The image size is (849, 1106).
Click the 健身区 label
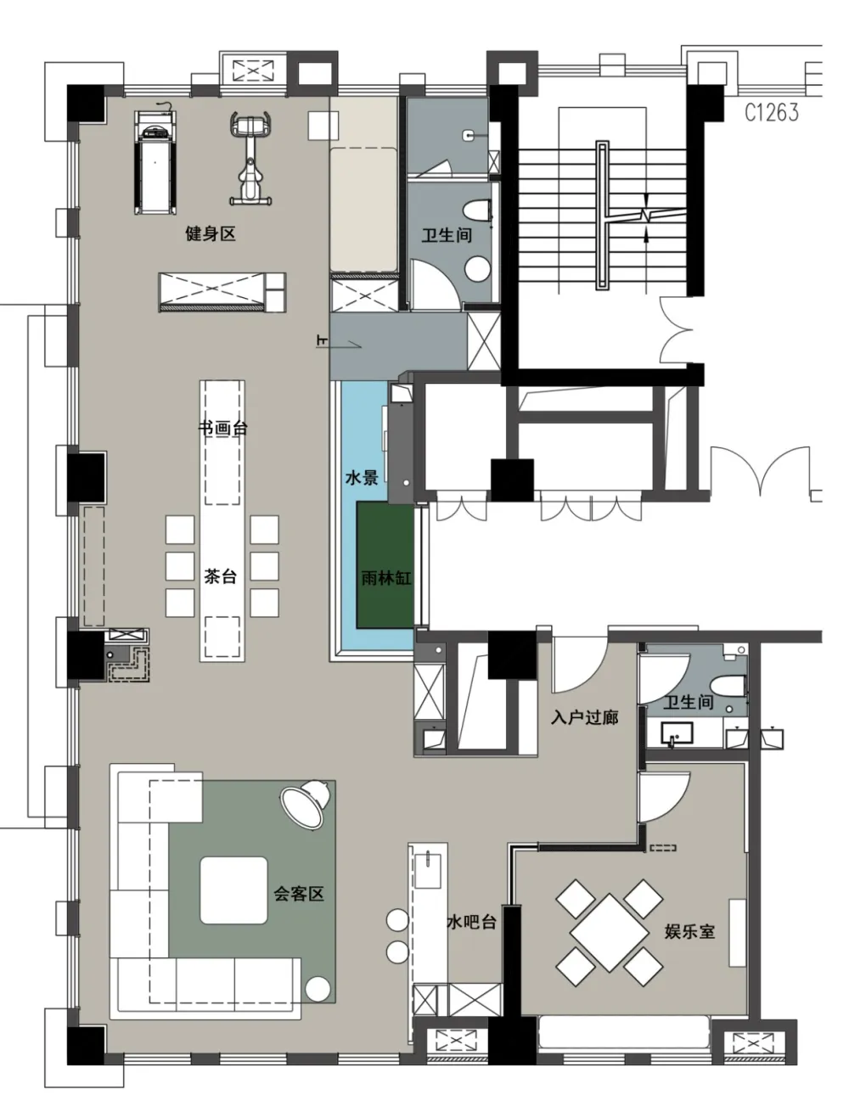[211, 234]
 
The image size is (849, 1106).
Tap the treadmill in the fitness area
[155, 162]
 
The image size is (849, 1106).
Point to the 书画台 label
[222, 428]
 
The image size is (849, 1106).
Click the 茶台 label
[221, 576]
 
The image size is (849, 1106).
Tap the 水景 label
[362, 478]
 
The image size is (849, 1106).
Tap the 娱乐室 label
[689, 931]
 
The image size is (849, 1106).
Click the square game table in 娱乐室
[610, 933]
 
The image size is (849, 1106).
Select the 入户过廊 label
[584, 717]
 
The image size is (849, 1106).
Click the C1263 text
[772, 113]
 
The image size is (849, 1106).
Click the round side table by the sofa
[318, 990]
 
